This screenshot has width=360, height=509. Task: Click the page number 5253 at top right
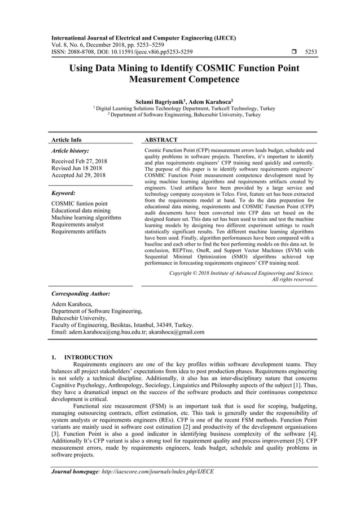[310, 52]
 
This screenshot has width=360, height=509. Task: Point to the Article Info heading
[67, 139]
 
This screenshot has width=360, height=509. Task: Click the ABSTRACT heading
[161, 139]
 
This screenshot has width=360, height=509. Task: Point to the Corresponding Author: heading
[81, 294]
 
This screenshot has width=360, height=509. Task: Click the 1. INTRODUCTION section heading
[82, 357]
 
